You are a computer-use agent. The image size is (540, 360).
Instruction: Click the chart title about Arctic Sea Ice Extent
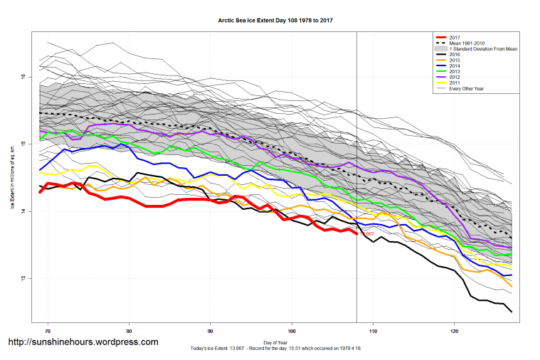276,21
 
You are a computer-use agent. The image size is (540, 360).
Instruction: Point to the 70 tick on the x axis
48,332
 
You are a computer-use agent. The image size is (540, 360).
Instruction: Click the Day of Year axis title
276,342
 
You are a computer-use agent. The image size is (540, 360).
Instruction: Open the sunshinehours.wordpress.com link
83,342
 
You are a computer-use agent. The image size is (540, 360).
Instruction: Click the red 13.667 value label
367,233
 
